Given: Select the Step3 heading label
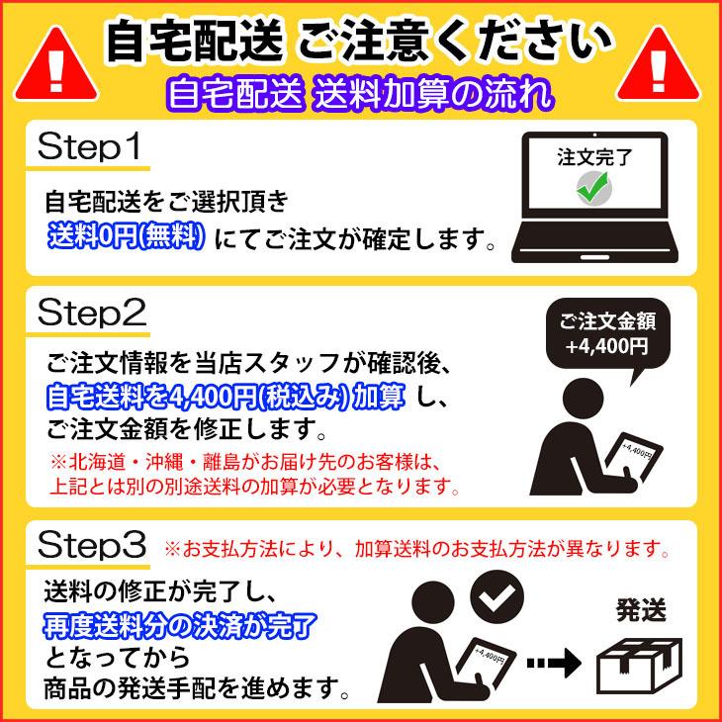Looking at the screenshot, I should pyautogui.click(x=92, y=544).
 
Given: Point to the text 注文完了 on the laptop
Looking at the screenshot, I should pyautogui.click(x=592, y=156).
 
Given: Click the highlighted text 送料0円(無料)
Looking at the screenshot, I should pyautogui.click(x=128, y=236).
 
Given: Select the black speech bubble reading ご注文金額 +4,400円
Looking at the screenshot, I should pyautogui.click(x=606, y=334).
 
